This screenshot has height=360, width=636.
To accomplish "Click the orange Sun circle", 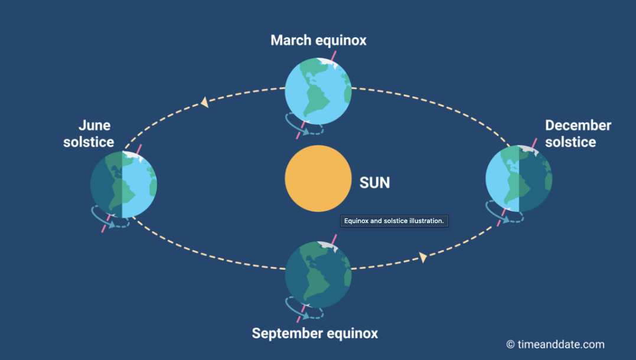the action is click(318, 178).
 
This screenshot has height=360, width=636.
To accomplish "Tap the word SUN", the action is click(375, 183).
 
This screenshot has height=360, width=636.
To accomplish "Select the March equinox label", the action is click(318, 40).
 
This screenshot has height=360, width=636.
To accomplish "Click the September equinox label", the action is click(315, 333).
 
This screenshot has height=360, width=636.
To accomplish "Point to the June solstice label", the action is click(89, 133).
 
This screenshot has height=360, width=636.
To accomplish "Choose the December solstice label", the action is click(578, 133).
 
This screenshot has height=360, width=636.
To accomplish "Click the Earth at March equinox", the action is click(318, 91).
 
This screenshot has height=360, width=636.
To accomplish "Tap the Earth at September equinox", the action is click(318, 274).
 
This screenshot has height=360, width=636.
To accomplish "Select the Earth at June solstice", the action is click(123, 185).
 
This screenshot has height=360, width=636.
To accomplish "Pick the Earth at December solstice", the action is click(518, 178).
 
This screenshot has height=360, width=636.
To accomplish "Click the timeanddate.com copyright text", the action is click(555, 345).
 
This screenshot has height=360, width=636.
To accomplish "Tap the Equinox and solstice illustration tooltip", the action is click(394, 221).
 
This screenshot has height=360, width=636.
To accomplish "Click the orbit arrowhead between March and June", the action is click(205, 102).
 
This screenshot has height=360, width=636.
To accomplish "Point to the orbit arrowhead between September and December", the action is click(423, 257).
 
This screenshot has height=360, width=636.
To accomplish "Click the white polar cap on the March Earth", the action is click(327, 62).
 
